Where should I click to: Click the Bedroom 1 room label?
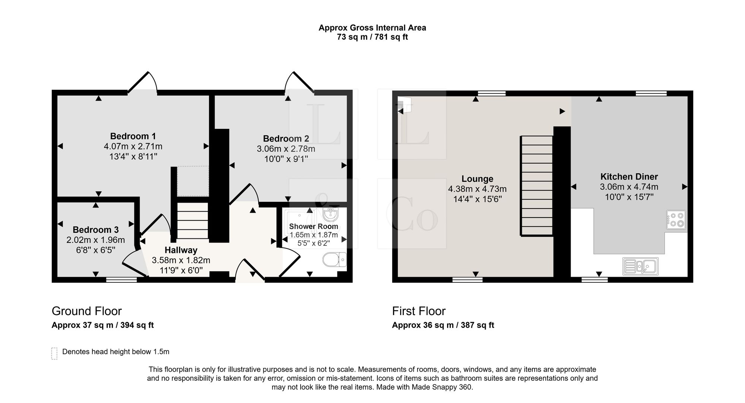(133, 136)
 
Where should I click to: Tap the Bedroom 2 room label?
(286, 139)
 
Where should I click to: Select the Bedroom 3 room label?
(96, 230)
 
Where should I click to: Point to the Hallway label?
(181, 250)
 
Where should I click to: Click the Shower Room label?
(314, 226)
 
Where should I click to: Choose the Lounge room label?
(478, 179)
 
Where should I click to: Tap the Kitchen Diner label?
(629, 177)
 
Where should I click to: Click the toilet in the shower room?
(335, 260)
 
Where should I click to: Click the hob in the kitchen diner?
(676, 220)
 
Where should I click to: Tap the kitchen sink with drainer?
(640, 266)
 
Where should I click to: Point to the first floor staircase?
(536, 186)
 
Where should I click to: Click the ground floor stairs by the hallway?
(192, 220)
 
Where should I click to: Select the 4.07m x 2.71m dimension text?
(133, 146)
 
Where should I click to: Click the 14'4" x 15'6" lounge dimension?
(478, 199)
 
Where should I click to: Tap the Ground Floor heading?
(87, 311)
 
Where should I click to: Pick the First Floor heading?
(419, 311)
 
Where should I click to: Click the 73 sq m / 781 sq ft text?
(372, 37)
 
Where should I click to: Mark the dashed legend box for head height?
(54, 353)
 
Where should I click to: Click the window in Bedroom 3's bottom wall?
(121, 280)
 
